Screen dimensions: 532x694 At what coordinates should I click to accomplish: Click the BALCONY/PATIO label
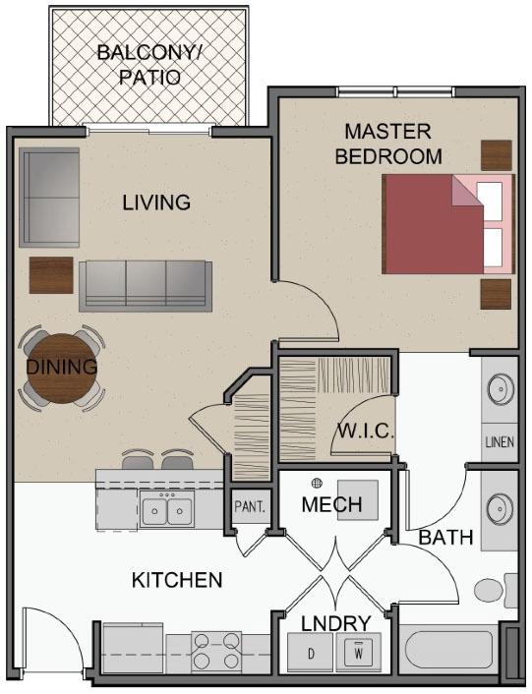[x=149, y=65]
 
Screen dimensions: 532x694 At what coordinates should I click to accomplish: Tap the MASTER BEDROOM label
[x=388, y=144]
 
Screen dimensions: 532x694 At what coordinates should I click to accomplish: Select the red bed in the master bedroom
[x=448, y=224]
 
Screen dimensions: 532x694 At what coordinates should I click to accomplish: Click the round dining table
[x=61, y=369]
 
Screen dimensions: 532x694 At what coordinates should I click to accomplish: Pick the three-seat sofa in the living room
[x=146, y=286]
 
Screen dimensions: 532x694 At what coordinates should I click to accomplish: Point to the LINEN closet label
[x=500, y=441]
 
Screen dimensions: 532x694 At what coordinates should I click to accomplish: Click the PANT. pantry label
[x=250, y=506]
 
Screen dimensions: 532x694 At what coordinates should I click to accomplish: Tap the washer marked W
[x=359, y=653]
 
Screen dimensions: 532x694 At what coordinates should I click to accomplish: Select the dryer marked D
[x=311, y=653]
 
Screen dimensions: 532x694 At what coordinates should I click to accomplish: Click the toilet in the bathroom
[x=496, y=591]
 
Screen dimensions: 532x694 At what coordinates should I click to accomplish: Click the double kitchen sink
[x=167, y=510]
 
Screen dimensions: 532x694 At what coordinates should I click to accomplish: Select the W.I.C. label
[x=365, y=431]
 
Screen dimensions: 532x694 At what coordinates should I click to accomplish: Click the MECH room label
[x=331, y=504]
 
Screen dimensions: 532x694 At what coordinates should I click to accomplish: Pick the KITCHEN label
[x=177, y=580]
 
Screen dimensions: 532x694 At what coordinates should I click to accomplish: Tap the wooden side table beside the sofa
[x=51, y=275]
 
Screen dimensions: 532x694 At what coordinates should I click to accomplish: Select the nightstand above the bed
[x=497, y=155]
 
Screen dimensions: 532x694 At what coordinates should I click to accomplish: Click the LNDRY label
[x=335, y=623]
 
